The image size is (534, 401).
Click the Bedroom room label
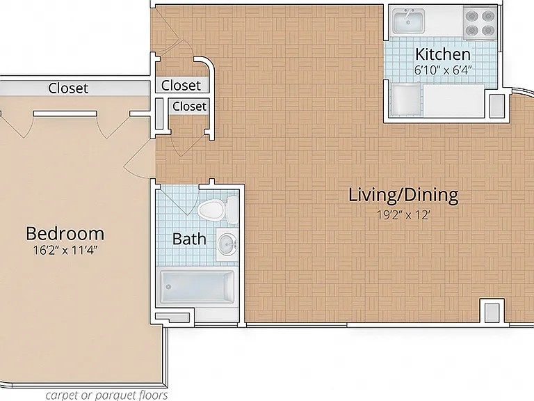tap(65, 234)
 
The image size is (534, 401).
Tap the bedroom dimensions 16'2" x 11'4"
tap(65, 251)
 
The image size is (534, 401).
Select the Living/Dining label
tap(403, 196)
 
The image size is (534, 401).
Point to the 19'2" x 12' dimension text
tap(404, 215)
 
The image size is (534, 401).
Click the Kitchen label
tap(443, 54)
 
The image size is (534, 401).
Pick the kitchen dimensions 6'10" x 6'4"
tap(443, 70)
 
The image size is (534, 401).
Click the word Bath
tap(189, 239)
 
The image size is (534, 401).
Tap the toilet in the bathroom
tap(217, 210)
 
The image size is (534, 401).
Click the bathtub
tap(197, 286)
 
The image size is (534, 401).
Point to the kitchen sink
tap(408, 21)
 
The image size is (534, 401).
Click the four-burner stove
tap(480, 22)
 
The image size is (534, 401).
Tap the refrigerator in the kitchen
tap(405, 100)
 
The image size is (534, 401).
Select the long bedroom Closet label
tap(68, 88)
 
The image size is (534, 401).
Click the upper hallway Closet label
tap(181, 85)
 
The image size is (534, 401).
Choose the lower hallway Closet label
tap(189, 107)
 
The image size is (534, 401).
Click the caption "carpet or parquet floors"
tap(106, 395)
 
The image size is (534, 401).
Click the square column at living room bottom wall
tap(492, 311)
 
